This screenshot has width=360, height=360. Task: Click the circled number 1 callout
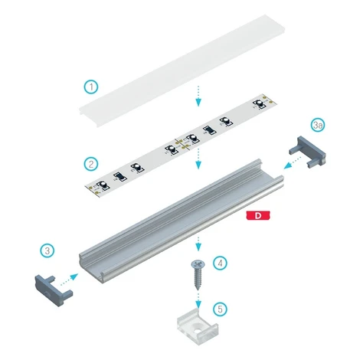tap(91, 87)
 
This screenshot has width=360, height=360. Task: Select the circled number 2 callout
tap(91, 164)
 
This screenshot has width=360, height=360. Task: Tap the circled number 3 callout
tap(47, 250)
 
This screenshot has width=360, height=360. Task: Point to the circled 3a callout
tap(318, 125)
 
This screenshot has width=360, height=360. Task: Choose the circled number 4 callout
tap(220, 263)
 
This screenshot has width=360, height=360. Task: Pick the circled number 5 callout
tap(220, 309)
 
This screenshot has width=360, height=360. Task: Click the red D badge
tap(258, 215)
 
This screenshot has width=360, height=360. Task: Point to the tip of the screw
tap(198, 290)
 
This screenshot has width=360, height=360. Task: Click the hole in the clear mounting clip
tap(198, 326)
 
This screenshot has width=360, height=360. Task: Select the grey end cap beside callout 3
tap(53, 290)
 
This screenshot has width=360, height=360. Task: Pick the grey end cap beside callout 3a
tap(308, 152)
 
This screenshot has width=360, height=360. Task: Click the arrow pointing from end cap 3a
tap(293, 162)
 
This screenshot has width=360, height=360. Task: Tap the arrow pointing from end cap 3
tap(69, 280)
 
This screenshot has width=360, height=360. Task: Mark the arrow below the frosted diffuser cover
tap(198, 96)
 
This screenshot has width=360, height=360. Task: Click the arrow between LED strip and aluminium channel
tap(198, 159)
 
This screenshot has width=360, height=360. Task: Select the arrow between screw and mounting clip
tap(198, 299)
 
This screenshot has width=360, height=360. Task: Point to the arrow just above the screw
tap(198, 244)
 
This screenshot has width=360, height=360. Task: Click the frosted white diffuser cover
tap(182, 69)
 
